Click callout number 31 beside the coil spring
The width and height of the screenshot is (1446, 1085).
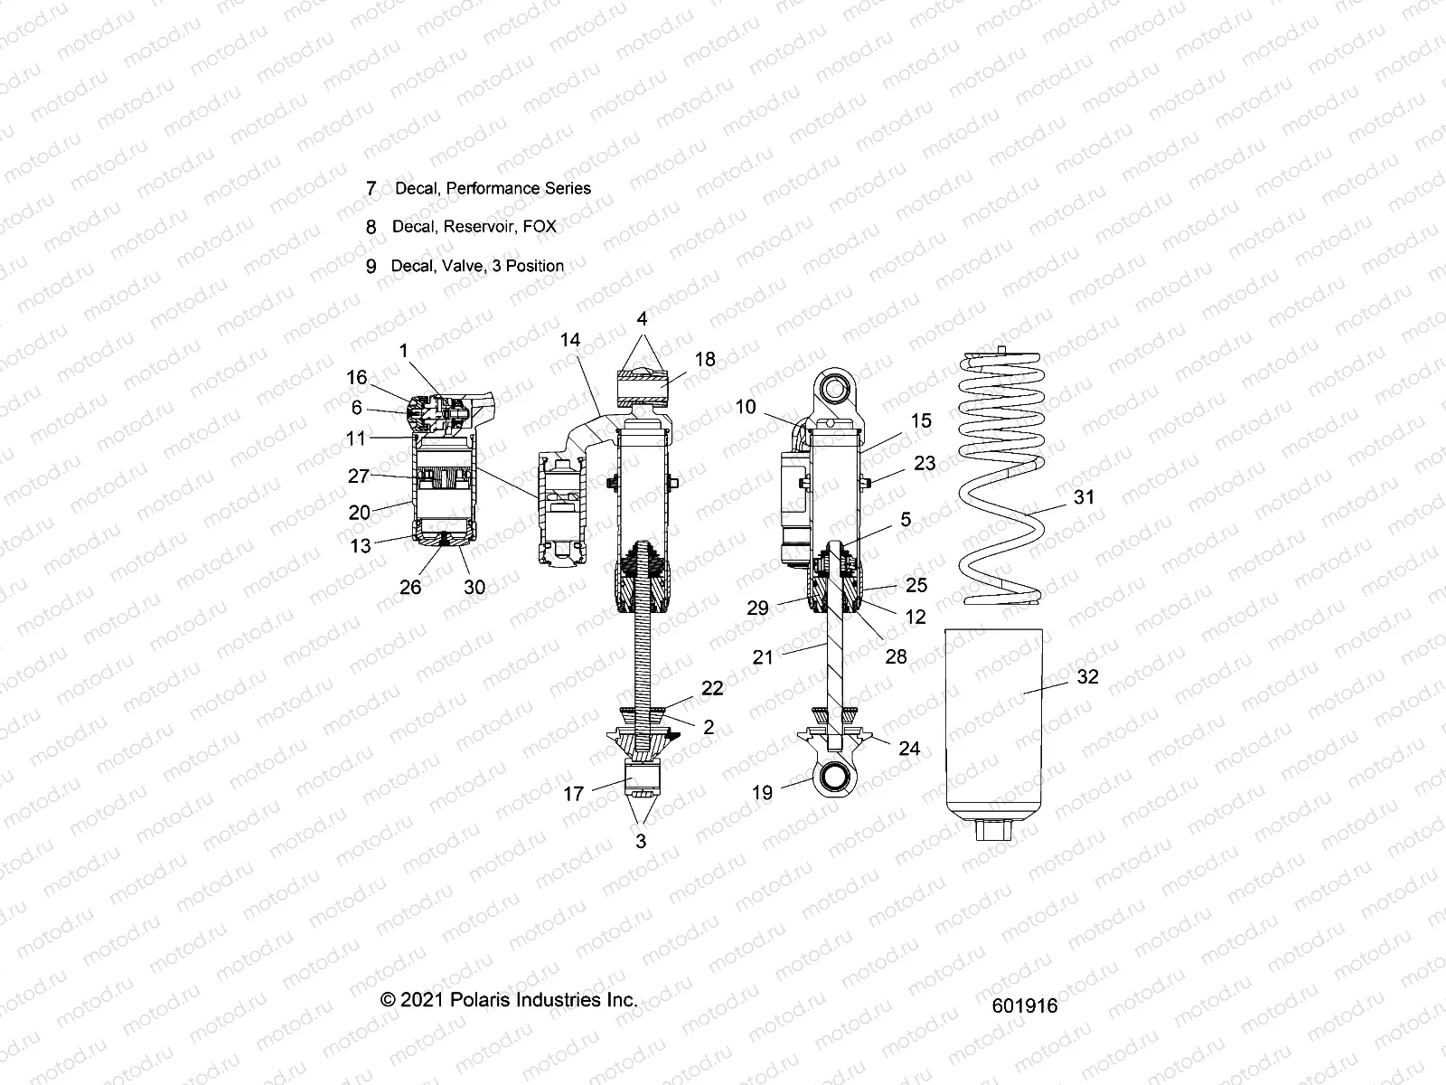click(1083, 496)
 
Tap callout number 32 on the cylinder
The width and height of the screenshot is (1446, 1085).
click(1087, 677)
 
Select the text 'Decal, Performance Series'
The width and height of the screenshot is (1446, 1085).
click(493, 188)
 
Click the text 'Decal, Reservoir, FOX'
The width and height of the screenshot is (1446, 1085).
click(474, 226)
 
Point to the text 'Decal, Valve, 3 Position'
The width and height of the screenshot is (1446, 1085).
click(477, 266)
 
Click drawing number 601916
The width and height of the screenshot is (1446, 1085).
click(1023, 1006)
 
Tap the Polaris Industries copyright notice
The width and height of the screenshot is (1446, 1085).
click(510, 999)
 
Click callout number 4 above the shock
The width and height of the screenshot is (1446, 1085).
click(642, 319)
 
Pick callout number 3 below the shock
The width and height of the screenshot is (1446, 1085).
click(641, 841)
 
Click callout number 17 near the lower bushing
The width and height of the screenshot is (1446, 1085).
click(573, 795)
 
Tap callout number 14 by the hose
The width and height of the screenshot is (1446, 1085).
click(569, 340)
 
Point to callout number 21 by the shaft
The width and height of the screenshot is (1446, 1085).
click(763, 657)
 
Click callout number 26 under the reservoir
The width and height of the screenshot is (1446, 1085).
click(410, 587)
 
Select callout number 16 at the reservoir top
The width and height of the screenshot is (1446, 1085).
click(356, 378)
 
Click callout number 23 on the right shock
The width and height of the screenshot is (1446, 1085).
click(925, 463)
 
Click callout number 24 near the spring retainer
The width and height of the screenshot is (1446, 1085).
click(908, 748)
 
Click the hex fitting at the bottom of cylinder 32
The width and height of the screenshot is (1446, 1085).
click(995, 828)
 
